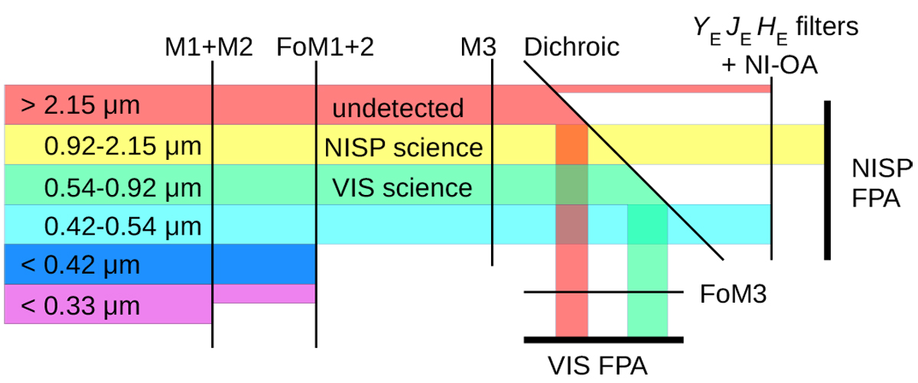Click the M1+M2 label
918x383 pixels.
point(208,48)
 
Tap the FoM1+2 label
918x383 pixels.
point(326,48)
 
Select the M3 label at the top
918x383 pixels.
point(477,48)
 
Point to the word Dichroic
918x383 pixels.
point(571,48)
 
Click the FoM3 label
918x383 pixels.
point(733,293)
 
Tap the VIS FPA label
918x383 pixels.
point(597,365)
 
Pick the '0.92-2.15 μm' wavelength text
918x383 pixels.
point(123,145)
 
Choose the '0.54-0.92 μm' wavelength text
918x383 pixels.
point(123,187)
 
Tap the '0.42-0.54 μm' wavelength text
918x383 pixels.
point(123,226)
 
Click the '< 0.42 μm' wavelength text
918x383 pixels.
point(81,266)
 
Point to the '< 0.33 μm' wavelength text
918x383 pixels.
point(81,307)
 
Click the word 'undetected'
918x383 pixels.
point(398,108)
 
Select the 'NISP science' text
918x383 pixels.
point(402,147)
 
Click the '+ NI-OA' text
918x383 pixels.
point(770,66)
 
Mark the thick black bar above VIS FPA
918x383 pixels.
point(604,339)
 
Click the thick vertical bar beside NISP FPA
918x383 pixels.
point(828,180)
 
